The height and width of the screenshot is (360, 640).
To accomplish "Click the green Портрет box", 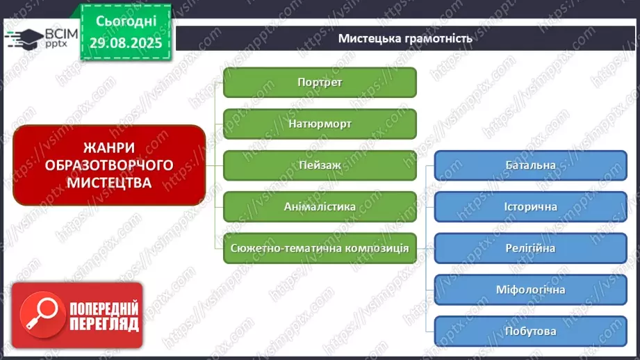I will pyautogui.click(x=320, y=82).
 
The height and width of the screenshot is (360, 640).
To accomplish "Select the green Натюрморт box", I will pyautogui.click(x=320, y=124).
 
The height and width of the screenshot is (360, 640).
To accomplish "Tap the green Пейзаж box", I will pyautogui.click(x=320, y=165).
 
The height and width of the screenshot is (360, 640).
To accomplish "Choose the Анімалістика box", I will pyautogui.click(x=320, y=206).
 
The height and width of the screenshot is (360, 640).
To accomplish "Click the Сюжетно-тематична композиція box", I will pyautogui.click(x=320, y=248).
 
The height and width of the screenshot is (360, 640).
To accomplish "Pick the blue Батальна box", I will pyautogui.click(x=530, y=165).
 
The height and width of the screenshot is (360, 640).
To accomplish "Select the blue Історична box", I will pyautogui.click(x=530, y=206).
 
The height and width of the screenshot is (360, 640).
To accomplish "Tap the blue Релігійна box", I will pyautogui.click(x=530, y=248).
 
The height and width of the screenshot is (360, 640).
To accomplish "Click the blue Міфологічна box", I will pyautogui.click(x=530, y=290).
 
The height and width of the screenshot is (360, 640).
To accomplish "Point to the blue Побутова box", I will pyautogui.click(x=530, y=332).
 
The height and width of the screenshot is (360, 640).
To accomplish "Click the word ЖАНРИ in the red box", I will pyautogui.click(x=109, y=147).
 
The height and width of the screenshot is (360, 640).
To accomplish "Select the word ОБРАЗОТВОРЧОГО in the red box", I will pyautogui.click(x=109, y=165).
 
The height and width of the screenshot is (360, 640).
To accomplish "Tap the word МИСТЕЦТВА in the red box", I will pyautogui.click(x=109, y=182).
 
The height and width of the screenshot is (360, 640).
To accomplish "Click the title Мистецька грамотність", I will pyautogui.click(x=405, y=38).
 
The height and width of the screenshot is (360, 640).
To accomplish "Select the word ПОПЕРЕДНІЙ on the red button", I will pyautogui.click(x=104, y=308).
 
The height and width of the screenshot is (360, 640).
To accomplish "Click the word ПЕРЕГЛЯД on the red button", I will pyautogui.click(x=104, y=324).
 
